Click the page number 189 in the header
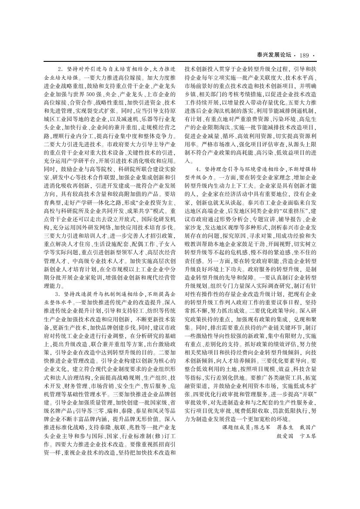pyautogui.click(x=304, y=55)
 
